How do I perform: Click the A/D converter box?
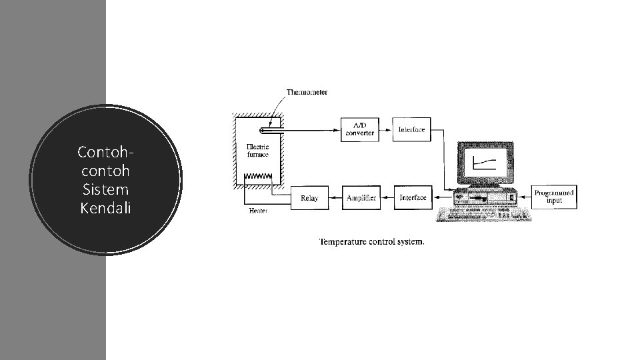click(x=360, y=129)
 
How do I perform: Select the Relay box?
click(x=309, y=198)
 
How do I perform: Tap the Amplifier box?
click(x=361, y=198)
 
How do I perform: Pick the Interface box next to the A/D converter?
click(x=411, y=129)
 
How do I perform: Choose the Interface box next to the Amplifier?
click(x=413, y=197)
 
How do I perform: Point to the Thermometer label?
click(x=307, y=92)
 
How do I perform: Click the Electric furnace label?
click(x=257, y=151)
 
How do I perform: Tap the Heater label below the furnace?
click(x=258, y=211)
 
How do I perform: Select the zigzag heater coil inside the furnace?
click(x=258, y=177)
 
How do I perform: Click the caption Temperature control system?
click(x=371, y=241)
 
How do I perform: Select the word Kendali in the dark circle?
click(x=105, y=209)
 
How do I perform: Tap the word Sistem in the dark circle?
click(x=106, y=190)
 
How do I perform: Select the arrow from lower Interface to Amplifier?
click(x=387, y=198)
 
